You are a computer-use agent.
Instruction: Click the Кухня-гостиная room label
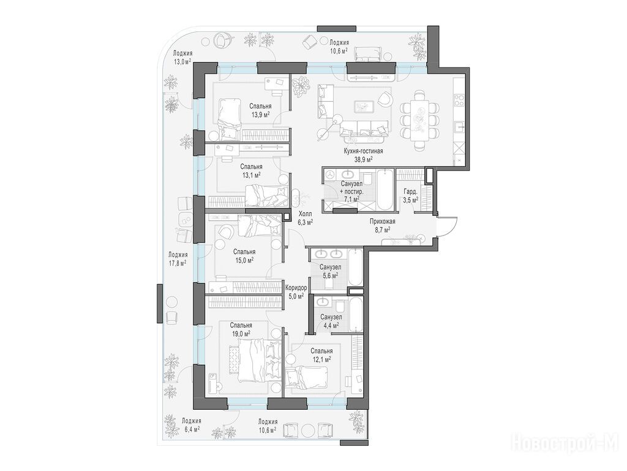coord(363,151)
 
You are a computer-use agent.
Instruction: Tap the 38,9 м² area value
coord(363,159)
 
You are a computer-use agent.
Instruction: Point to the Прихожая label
coord(383,221)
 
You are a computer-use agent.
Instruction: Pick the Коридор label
coord(296,288)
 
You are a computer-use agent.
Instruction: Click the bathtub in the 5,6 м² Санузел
coord(355,267)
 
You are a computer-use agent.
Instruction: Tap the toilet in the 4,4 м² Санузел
coord(339,307)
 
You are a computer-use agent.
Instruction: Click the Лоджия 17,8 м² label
coord(178,259)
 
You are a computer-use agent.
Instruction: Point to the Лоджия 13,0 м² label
coord(182,57)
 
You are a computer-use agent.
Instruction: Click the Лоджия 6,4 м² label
coord(191,425)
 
